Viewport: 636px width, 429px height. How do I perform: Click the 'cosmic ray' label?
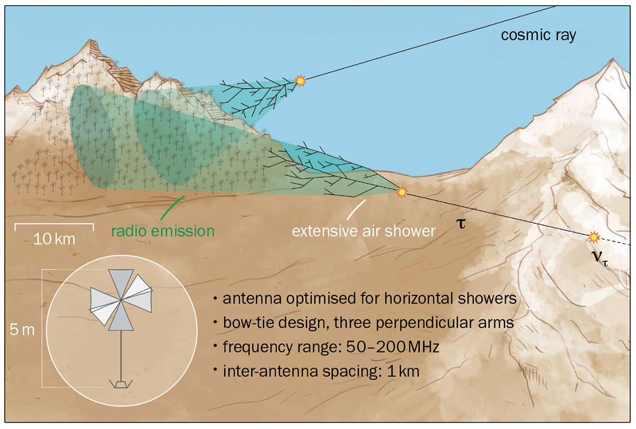pos(538,36)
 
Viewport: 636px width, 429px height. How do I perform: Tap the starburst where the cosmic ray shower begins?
pos(301,80)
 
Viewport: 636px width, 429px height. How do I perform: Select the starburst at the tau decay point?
pos(403,191)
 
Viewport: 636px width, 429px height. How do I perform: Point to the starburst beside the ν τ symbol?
pos(594,236)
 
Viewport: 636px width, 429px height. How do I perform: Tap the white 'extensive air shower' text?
pos(364,231)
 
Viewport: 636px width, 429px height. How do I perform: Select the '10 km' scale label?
pos(54,239)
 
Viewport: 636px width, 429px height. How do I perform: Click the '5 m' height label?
pos(22,329)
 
